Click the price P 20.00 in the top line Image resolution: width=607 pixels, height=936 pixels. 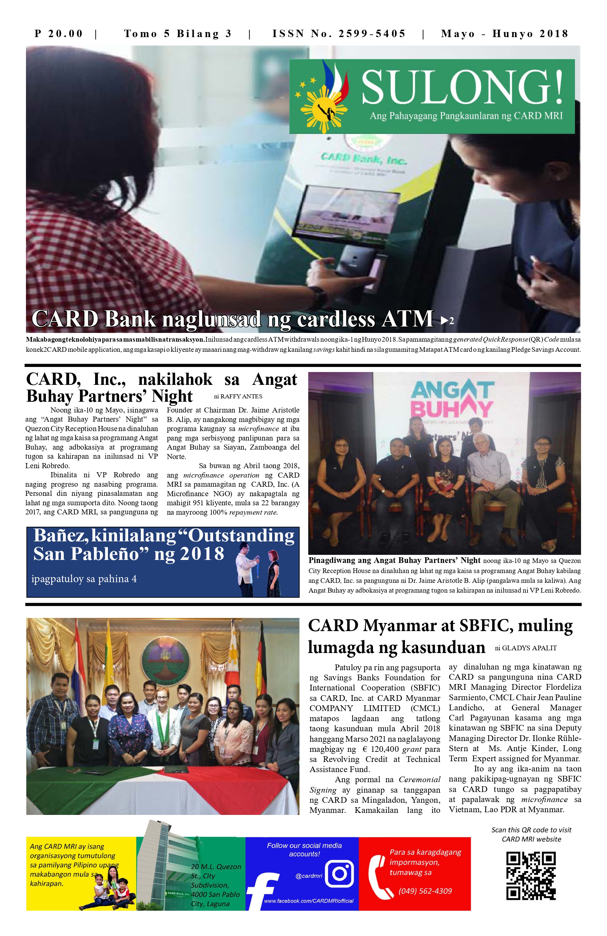coord(59,34)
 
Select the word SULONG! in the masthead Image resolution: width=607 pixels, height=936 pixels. coord(462,87)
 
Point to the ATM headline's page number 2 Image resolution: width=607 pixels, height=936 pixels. coord(451,321)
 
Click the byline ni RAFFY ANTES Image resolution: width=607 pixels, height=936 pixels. coord(238,396)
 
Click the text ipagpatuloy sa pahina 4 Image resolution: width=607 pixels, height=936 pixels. coord(84,579)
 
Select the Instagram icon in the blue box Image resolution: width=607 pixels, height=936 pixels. coord(339,874)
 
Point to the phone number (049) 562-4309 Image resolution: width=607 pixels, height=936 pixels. coord(425,891)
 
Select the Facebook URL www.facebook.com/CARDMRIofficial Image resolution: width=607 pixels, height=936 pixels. coord(309,901)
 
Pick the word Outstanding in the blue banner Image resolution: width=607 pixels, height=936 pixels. coord(241,536)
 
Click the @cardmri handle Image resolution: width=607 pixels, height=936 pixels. coord(309,876)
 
